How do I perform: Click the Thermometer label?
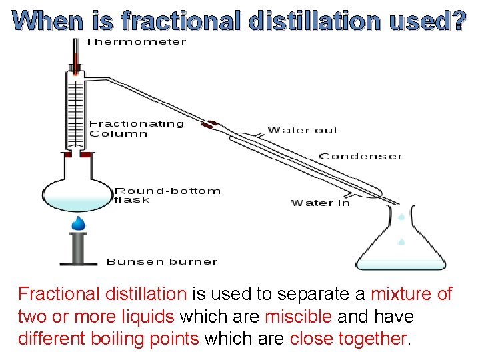click(135, 42)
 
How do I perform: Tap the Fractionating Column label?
click(136, 128)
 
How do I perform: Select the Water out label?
click(303, 130)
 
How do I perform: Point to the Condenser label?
click(361, 156)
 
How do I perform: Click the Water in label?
click(320, 203)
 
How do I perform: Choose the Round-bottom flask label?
click(167, 195)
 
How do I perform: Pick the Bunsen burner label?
click(161, 261)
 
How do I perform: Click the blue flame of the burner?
click(79, 223)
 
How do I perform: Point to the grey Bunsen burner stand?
click(79, 249)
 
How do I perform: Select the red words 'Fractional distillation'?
click(102, 293)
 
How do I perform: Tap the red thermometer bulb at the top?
click(76, 66)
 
